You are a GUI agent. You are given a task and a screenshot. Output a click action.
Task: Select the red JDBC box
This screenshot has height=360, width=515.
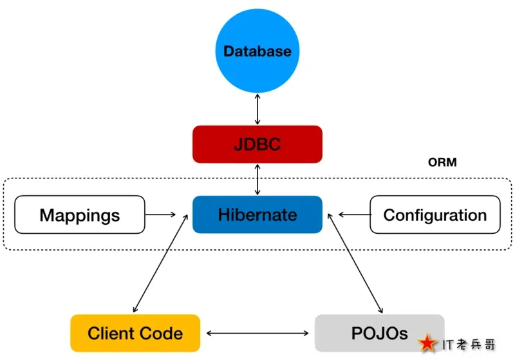pyautogui.click(x=257, y=144)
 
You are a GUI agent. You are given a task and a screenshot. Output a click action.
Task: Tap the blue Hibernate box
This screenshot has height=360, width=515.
pyautogui.click(x=257, y=214)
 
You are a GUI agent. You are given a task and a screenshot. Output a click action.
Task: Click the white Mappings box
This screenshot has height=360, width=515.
pyautogui.click(x=79, y=214)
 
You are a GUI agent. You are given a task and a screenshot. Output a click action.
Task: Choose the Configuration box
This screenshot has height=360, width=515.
pyautogui.click(x=435, y=214)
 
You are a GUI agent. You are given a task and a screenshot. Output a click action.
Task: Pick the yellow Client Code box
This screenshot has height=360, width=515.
pyautogui.click(x=135, y=333)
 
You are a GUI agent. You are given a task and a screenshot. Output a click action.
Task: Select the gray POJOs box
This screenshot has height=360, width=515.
pyautogui.click(x=379, y=333)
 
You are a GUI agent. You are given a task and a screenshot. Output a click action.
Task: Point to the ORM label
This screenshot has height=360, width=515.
pyautogui.click(x=442, y=162)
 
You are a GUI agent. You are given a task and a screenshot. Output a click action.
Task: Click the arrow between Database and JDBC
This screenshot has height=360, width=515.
pyautogui.click(x=257, y=108)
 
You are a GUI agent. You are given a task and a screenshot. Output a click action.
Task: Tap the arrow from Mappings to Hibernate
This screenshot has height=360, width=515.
pyautogui.click(x=161, y=214)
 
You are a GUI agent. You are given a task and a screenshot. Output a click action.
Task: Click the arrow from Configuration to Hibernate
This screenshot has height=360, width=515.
pyautogui.click(x=354, y=214)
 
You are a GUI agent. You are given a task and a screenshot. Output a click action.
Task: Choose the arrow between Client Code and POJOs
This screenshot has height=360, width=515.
pyautogui.click(x=257, y=333)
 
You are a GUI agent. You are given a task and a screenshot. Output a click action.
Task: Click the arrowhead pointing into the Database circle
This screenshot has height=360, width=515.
pyautogui.click(x=257, y=95)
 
